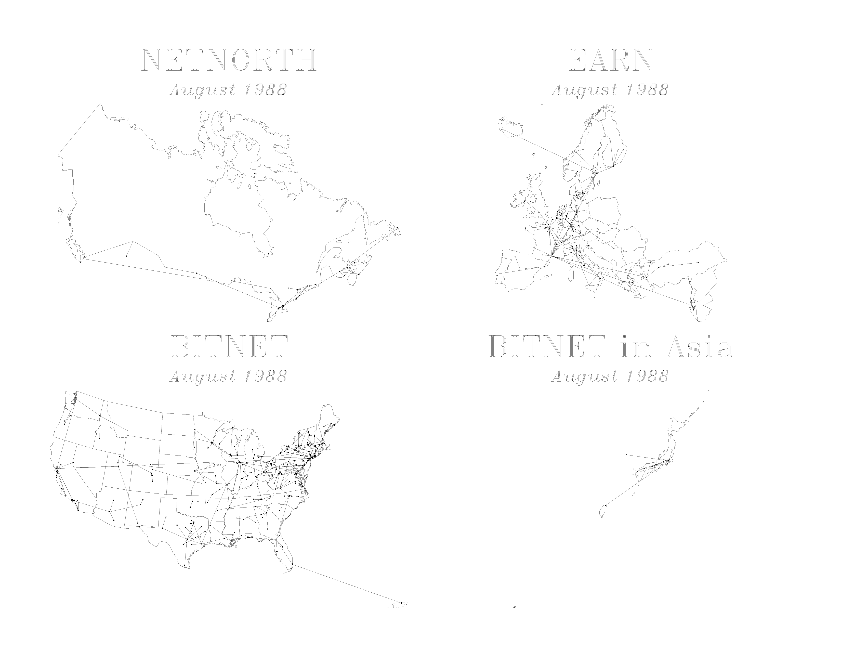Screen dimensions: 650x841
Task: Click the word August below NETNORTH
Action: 202,90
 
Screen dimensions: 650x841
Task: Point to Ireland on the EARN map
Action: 520,202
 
